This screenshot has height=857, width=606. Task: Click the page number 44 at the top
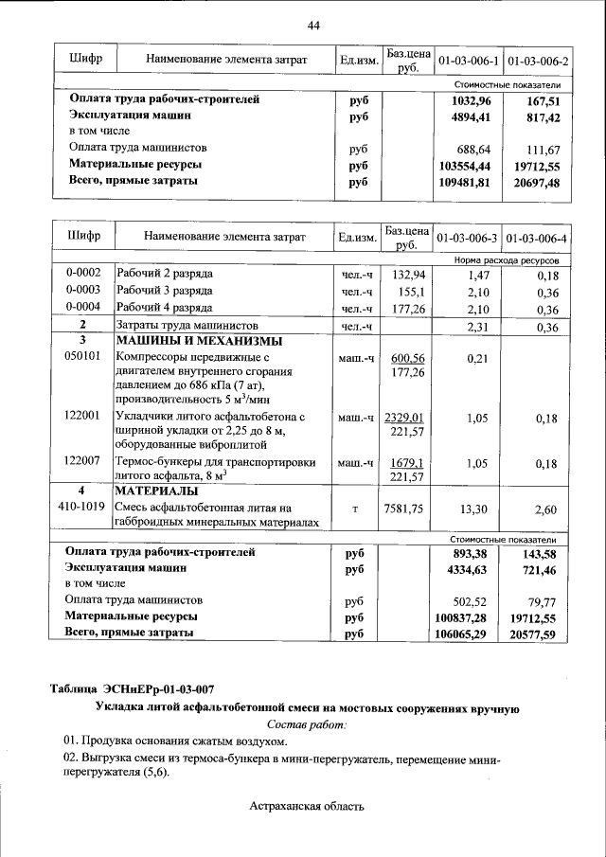pyautogui.click(x=312, y=25)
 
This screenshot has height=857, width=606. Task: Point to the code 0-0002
pyautogui.click(x=82, y=274)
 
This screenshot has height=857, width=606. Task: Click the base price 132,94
pyautogui.click(x=407, y=274)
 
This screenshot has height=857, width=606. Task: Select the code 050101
pyautogui.click(x=82, y=358)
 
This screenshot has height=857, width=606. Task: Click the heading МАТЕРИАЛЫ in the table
pyautogui.click(x=156, y=491)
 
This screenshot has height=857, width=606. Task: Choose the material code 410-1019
pyautogui.click(x=82, y=509)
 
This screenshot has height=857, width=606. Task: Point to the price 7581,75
pyautogui.click(x=407, y=509)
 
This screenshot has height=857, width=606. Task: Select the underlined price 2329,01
pyautogui.click(x=407, y=418)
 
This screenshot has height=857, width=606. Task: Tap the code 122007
pyautogui.click(x=82, y=460)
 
